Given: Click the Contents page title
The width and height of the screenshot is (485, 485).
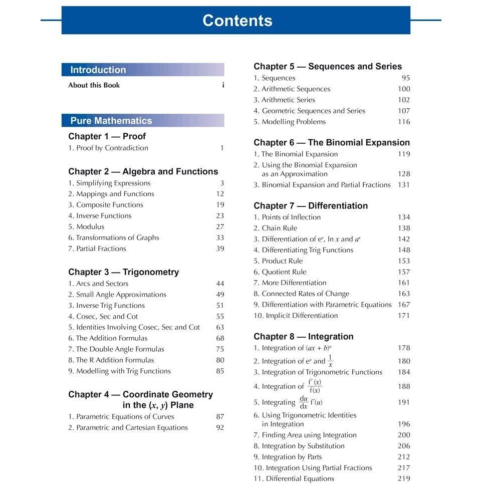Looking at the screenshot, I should pos(237,21).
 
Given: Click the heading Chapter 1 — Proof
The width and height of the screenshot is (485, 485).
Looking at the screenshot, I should pos(107,136).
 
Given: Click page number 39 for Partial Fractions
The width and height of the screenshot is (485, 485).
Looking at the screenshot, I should pos(220,249).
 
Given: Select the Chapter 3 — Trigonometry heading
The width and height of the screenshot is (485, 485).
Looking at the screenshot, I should pos(123,272).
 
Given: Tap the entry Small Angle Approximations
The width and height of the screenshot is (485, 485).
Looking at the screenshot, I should pos(117,295).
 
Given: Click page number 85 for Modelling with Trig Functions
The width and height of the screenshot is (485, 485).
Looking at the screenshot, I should pos(220,371).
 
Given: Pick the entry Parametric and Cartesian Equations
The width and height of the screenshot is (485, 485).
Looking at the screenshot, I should pos(128,427).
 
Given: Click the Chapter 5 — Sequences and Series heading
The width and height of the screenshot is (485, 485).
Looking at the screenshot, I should pos(328,66).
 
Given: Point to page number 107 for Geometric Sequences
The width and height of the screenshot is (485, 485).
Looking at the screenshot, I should pos(404,111).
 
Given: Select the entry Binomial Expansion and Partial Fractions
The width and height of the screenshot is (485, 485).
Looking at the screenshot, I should pos(322,185).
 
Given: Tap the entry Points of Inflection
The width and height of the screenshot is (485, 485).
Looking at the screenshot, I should pos(287,217).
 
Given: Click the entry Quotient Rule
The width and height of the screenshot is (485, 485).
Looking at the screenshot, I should pos(280,272).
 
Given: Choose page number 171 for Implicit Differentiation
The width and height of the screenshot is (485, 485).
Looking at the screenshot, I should pos(404,316).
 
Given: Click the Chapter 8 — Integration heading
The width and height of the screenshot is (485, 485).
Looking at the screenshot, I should pos(304,337).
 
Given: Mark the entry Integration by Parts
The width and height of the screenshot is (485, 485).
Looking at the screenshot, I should pos(288,457).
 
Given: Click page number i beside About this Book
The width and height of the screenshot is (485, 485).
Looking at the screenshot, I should pos(223,85).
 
